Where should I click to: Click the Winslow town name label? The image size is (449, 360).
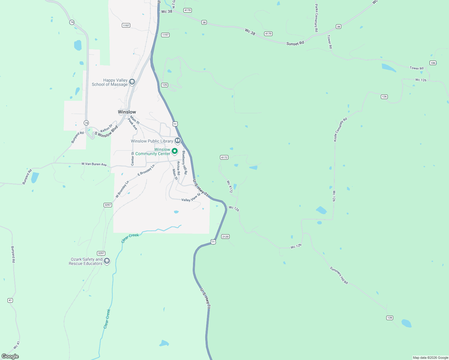127,112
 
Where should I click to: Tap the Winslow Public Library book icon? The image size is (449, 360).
178,140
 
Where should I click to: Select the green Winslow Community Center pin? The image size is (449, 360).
175,151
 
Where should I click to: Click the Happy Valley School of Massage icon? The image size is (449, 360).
132,82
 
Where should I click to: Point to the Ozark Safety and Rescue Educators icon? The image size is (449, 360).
107,261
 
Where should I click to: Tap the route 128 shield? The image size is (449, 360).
390,318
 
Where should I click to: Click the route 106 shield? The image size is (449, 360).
433,63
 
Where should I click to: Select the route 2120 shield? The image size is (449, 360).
225,237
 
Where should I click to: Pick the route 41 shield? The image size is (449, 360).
10,300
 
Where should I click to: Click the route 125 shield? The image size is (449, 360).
164,85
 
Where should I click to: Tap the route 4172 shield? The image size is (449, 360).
224,157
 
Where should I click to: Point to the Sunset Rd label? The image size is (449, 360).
295,43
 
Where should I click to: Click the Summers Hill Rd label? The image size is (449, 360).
339,275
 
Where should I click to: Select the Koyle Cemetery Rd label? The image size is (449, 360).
340,129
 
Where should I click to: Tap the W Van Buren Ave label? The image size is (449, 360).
94,164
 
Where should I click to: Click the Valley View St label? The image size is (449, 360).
191,198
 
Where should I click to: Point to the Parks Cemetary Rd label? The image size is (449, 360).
316,18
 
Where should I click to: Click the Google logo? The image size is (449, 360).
10,356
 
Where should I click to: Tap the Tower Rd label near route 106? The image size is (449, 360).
417,68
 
